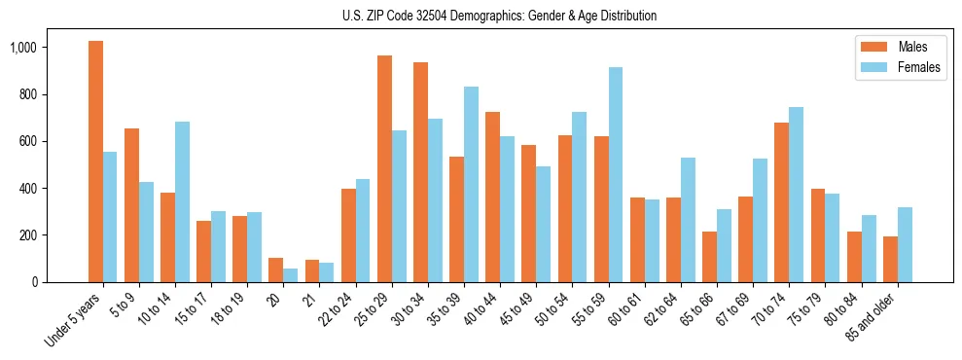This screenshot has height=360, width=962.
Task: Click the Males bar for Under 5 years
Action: click(x=95, y=162)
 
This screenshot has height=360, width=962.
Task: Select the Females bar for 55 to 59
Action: click(x=616, y=174)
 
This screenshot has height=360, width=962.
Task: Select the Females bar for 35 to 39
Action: click(x=471, y=184)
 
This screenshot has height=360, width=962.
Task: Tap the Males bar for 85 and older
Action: click(x=890, y=259)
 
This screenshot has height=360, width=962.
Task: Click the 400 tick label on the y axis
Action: click(x=53, y=188)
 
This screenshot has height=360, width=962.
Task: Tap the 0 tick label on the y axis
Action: click(x=60, y=282)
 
